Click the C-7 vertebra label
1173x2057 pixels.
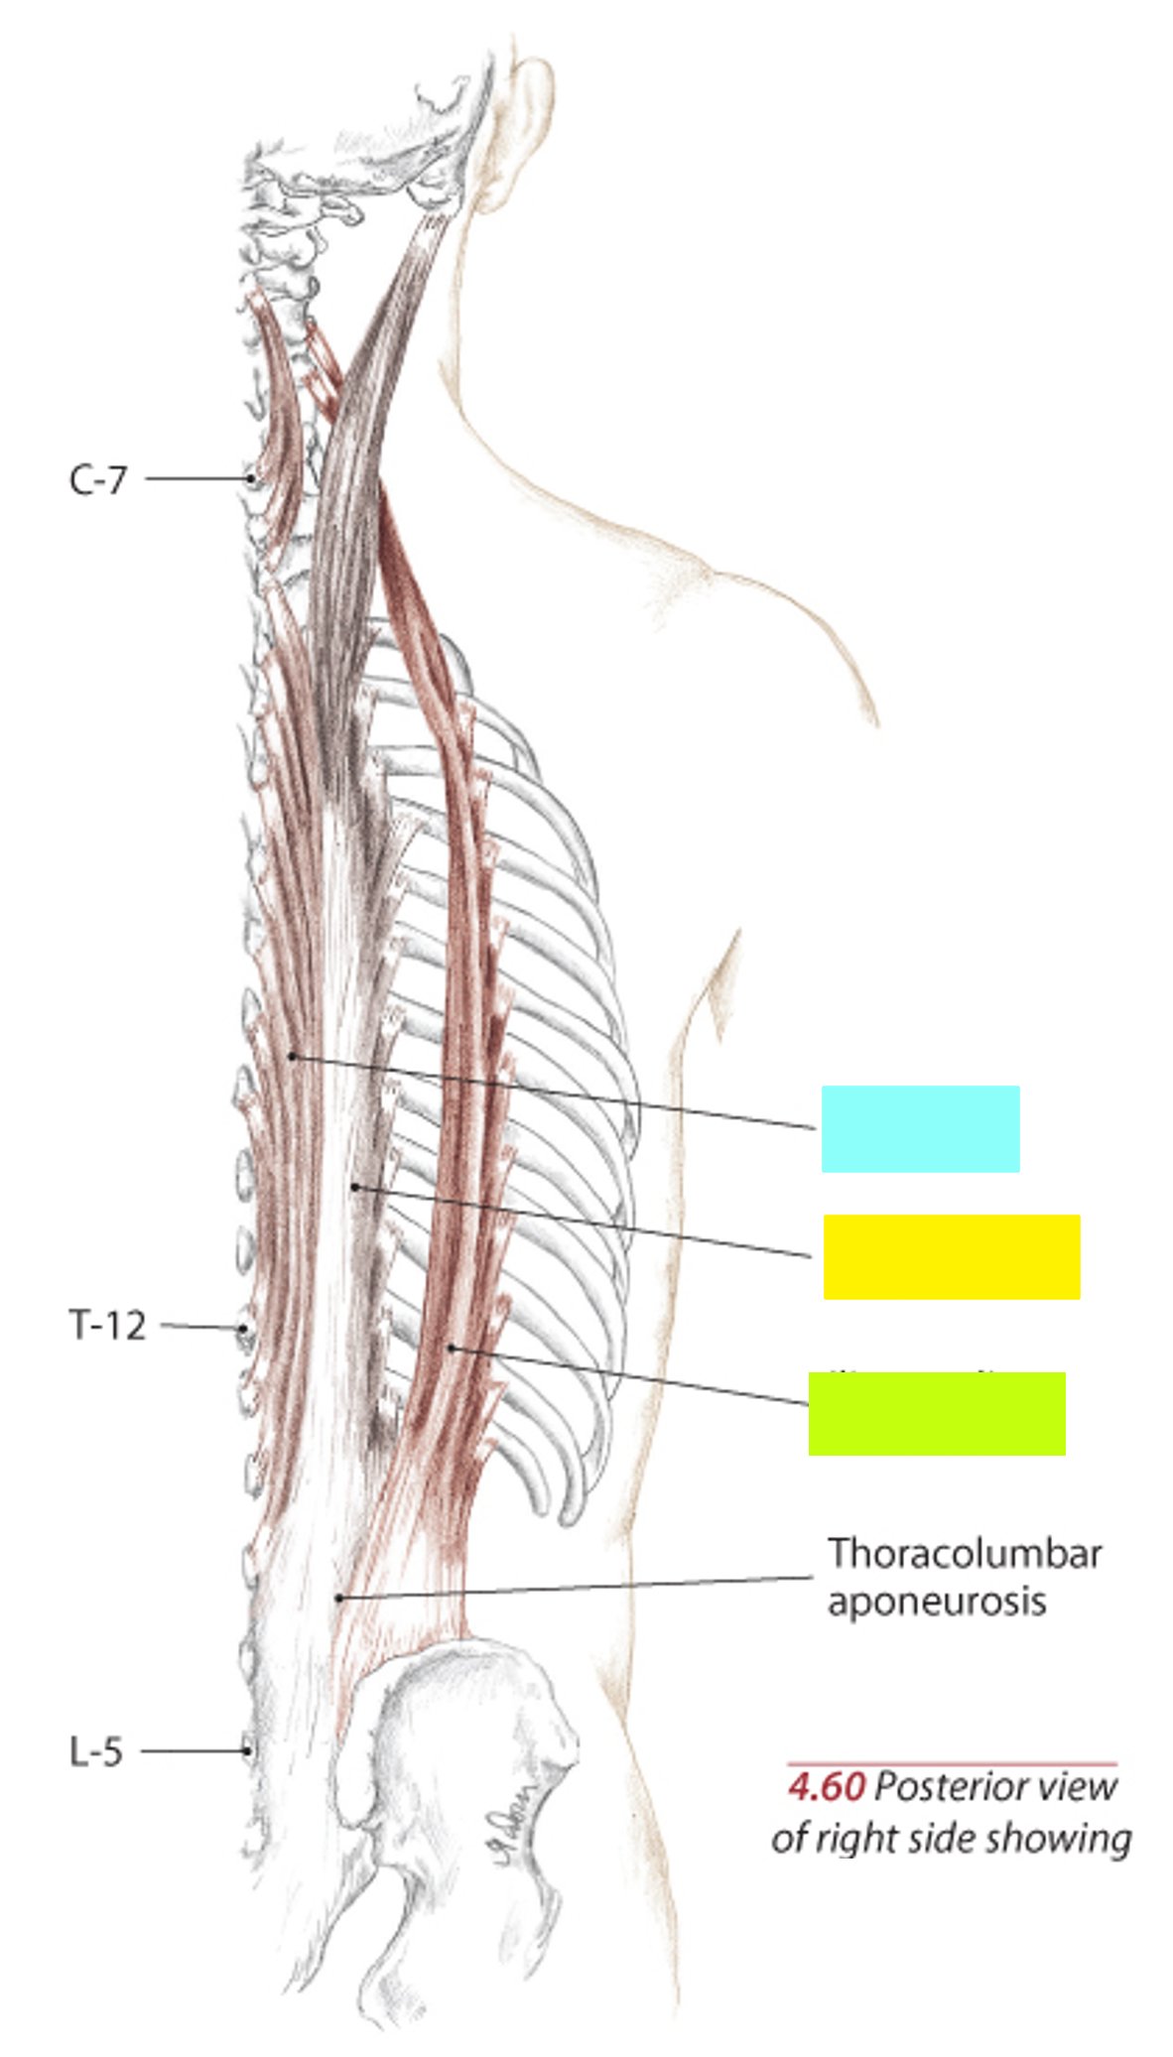coord(97,480)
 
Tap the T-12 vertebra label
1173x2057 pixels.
coord(107,1325)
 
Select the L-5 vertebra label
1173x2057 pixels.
coord(96,1751)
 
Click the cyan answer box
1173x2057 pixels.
coord(920,1128)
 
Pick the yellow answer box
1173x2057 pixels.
coord(951,1256)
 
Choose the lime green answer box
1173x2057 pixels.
coord(936,1414)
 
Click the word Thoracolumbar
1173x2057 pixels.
coord(965,1554)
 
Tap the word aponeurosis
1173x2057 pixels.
coord(937,1602)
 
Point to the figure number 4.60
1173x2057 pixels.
coord(826,1787)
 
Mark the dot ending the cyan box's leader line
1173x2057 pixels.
coord(292,1056)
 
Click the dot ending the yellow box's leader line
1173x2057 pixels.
coord(355,1187)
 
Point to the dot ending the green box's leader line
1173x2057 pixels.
coord(451,1348)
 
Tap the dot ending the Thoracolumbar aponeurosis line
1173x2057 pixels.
coord(339,1598)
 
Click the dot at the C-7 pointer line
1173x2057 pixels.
coord(251,478)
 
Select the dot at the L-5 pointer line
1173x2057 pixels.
coord(247,1751)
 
